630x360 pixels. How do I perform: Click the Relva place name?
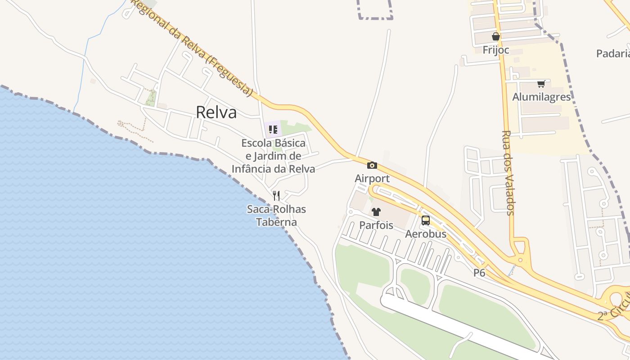click(216, 112)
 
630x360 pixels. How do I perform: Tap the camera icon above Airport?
click(372, 166)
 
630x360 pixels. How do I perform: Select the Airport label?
click(372, 179)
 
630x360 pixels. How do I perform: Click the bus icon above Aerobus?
click(426, 220)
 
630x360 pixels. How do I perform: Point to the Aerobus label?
click(426, 234)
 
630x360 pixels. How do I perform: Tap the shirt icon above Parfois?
click(376, 212)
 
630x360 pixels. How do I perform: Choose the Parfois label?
click(376, 225)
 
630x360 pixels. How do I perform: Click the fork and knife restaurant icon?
click(276, 196)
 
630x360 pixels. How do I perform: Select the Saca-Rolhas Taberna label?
click(276, 216)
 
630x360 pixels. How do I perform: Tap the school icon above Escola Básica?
click(273, 130)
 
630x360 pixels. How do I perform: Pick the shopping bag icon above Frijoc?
click(496, 36)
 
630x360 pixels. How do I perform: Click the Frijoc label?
click(496, 49)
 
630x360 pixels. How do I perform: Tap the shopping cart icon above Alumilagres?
click(541, 84)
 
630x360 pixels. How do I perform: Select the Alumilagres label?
click(541, 97)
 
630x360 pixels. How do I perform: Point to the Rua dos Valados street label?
click(508, 173)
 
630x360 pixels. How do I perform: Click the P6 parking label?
click(479, 273)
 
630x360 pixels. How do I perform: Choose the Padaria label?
click(613, 54)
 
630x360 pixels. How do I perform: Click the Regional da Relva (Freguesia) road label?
click(191, 47)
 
